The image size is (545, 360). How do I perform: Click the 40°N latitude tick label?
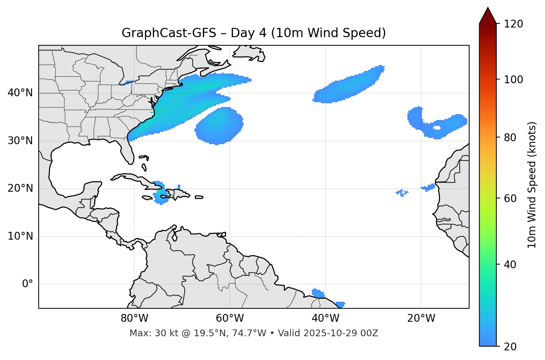[20, 93]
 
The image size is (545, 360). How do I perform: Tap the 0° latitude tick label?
[27, 284]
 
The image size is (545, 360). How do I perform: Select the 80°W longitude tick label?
[134, 318]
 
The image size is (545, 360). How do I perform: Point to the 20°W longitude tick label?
[421, 318]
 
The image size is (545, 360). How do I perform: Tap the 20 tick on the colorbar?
[510, 347]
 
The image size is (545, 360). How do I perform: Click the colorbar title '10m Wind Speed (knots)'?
[532, 185]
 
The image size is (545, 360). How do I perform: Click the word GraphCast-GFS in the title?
[169, 33]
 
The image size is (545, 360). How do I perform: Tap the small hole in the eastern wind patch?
[437, 128]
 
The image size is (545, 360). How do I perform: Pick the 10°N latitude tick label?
[20, 236]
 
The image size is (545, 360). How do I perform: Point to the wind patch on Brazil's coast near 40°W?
[318, 293]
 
